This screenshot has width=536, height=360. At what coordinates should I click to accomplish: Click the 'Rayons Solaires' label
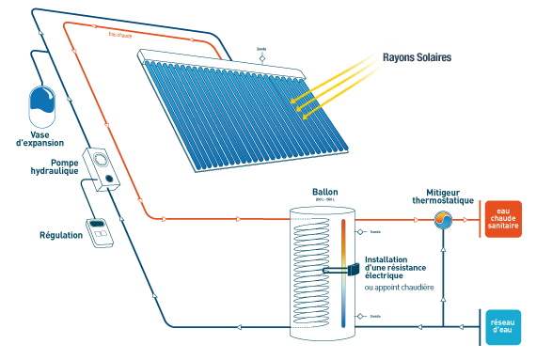417,57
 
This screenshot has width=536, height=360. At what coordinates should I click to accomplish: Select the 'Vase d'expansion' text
40,137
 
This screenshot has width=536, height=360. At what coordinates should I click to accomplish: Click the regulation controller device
99,231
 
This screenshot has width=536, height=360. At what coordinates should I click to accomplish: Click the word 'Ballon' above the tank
325,192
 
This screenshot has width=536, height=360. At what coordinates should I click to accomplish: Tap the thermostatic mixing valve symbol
444,221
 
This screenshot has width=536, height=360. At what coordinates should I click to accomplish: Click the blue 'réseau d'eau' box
502,327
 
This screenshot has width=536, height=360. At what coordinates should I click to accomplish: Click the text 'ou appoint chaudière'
399,288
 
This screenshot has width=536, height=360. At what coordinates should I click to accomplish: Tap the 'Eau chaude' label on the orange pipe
120,35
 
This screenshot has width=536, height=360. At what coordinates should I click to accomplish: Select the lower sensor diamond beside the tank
362,317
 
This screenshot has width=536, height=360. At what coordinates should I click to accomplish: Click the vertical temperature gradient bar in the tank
346,273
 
